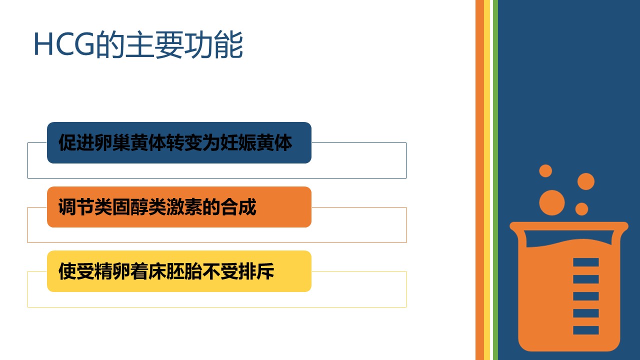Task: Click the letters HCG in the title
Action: pyautogui.click(x=64, y=44)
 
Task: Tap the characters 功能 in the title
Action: pyautogui.click(x=213, y=44)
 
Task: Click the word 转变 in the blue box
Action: pyautogui.click(x=184, y=142)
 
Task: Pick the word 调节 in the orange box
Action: pyautogui.click(x=76, y=207)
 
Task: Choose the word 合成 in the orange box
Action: pyautogui.click(x=238, y=207)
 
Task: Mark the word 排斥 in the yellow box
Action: pyautogui.click(x=256, y=271)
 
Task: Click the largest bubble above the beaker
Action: pyautogui.click(x=551, y=202)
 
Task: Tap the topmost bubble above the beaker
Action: pyautogui.click(x=545, y=171)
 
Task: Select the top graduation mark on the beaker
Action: pyautogui.click(x=585, y=262)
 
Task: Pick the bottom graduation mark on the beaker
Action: pyautogui.click(x=585, y=330)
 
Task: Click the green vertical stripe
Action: pyautogui.click(x=495, y=180)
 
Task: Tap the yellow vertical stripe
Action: pyautogui.click(x=487, y=180)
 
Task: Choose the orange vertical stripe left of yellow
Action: pyautogui.click(x=479, y=180)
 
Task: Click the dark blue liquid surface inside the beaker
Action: pyautogui.click(x=568, y=236)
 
